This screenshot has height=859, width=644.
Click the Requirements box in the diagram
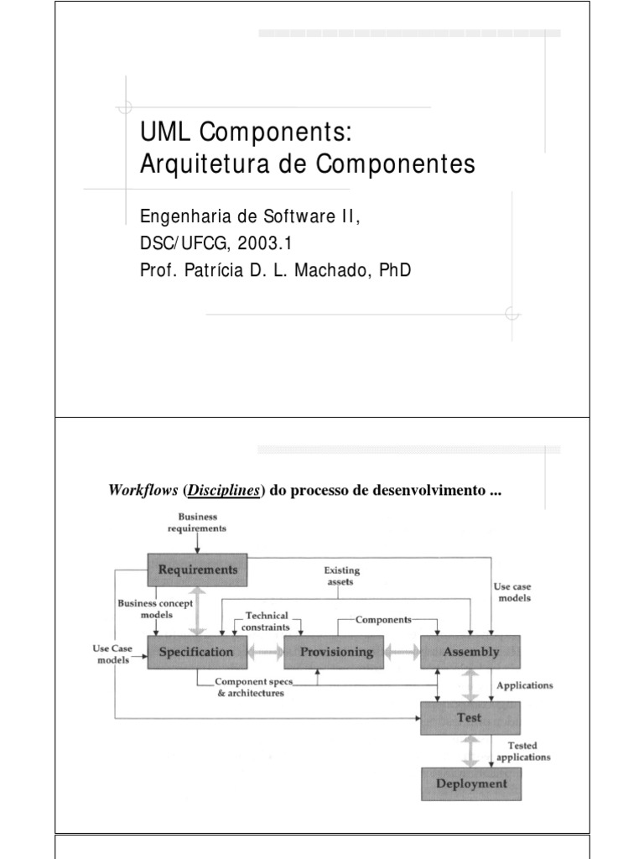[198, 570]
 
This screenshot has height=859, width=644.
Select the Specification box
[197, 651]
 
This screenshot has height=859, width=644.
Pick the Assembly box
[470, 651]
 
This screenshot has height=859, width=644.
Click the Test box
[470, 718]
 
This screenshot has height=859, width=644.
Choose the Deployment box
[470, 784]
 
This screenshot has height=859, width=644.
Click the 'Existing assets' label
[341, 575]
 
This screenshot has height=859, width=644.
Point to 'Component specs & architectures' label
[249, 688]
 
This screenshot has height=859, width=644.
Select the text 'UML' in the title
[159, 133]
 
